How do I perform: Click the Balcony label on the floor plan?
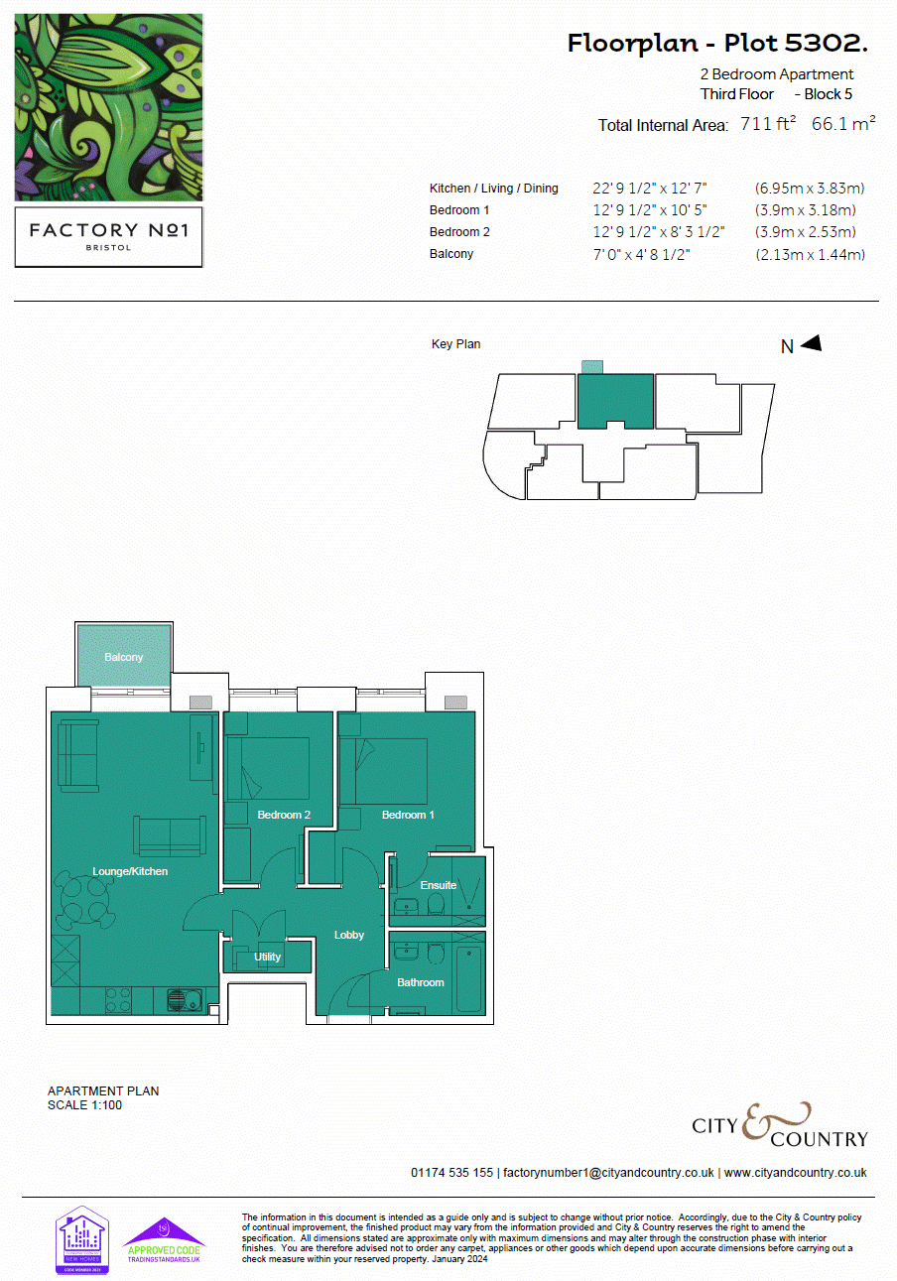point(124,657)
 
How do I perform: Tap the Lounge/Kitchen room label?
point(130,871)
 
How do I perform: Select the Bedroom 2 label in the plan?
point(284,815)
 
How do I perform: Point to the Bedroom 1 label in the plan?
point(409,815)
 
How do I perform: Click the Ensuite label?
point(439,885)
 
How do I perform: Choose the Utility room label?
point(268,957)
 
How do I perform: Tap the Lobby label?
point(349,935)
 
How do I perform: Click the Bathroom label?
point(421,982)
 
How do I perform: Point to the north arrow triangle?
point(812,343)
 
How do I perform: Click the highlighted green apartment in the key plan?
point(615,400)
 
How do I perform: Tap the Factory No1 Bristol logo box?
point(109,236)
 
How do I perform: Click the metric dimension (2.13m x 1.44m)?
point(810,254)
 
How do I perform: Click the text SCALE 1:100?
point(85,1104)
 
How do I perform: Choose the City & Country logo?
point(780,1125)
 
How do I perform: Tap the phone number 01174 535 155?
point(451,1172)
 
